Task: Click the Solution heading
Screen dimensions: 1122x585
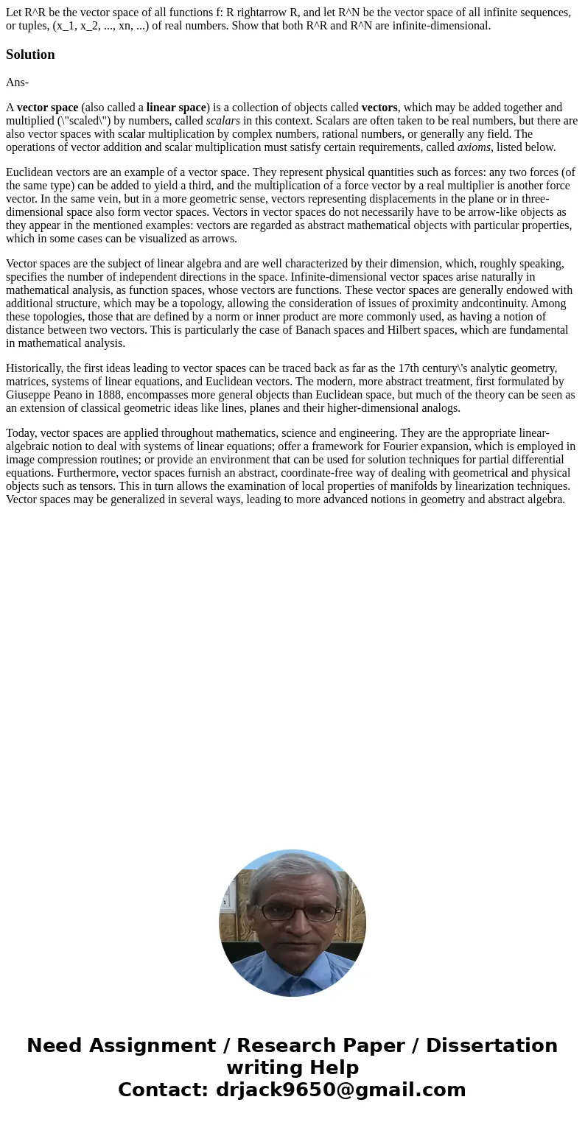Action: pyautogui.click(x=30, y=55)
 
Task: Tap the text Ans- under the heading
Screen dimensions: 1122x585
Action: pyautogui.click(x=17, y=83)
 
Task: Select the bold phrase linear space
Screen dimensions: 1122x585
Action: pyautogui.click(x=176, y=108)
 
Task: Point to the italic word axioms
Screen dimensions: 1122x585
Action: pyautogui.click(x=474, y=147)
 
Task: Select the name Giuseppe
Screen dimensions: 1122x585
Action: pyautogui.click(x=29, y=395)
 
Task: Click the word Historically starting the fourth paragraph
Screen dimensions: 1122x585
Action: pyautogui.click(x=34, y=368)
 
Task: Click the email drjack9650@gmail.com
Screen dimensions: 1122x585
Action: pyautogui.click(x=340, y=1090)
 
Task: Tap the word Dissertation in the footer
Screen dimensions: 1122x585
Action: pyautogui.click(x=491, y=1046)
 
